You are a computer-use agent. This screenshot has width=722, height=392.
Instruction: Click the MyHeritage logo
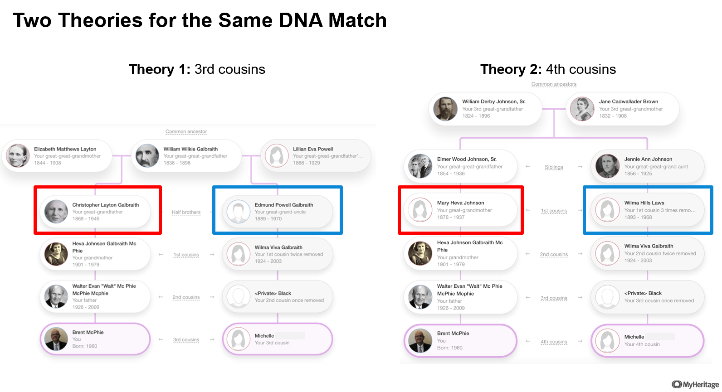click(x=695, y=384)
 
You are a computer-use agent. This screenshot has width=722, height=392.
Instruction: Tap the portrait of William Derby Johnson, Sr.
click(x=445, y=109)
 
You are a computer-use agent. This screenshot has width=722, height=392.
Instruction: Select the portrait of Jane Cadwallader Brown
click(x=582, y=109)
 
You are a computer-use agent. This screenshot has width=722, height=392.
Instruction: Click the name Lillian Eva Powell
click(x=312, y=149)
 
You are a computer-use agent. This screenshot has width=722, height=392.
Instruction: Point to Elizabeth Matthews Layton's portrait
click(x=18, y=156)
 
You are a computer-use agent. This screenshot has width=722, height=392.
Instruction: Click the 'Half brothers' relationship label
click(x=186, y=212)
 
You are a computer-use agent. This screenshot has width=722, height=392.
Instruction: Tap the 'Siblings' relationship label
click(x=554, y=167)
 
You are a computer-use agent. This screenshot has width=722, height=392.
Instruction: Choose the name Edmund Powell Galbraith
click(x=283, y=205)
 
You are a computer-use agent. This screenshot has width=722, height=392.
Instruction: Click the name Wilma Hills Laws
click(x=644, y=203)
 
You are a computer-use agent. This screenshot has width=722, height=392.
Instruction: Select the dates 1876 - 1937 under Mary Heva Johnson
click(x=451, y=218)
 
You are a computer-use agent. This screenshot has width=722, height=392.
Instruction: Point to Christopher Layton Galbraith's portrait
click(x=56, y=212)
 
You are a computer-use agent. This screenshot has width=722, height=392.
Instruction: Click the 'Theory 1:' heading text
click(x=160, y=69)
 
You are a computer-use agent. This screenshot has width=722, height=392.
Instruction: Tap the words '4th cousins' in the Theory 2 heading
click(x=581, y=69)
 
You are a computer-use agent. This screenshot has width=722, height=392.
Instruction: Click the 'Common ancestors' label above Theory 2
click(x=554, y=84)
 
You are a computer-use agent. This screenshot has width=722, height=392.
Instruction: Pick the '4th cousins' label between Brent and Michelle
click(x=554, y=342)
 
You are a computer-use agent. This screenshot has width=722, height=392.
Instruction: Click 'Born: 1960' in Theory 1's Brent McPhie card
click(x=84, y=346)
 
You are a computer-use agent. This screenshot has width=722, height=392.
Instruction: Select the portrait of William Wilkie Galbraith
click(x=147, y=156)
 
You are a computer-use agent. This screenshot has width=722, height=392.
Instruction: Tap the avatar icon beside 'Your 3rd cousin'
click(x=239, y=339)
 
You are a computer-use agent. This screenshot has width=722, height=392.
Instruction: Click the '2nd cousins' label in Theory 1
click(x=186, y=297)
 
